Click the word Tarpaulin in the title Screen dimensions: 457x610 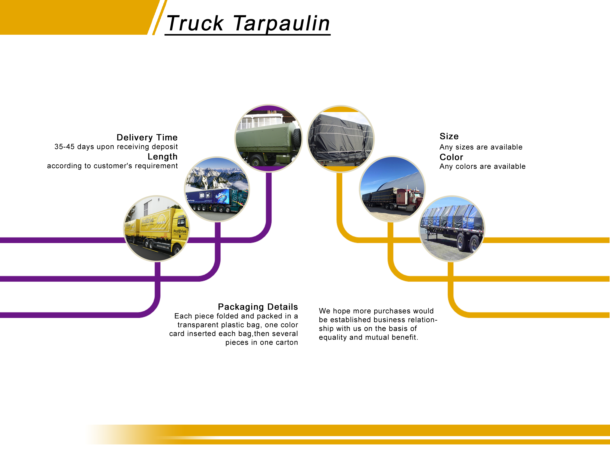[x=281, y=23]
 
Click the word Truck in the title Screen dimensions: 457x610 [x=195, y=23]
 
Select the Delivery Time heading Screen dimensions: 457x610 [x=147, y=137]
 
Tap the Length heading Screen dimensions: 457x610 [x=162, y=156]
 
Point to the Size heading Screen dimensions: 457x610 [x=449, y=136]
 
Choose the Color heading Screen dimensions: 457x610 [x=451, y=157]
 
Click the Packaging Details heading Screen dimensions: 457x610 [x=258, y=307]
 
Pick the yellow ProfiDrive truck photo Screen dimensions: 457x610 [x=156, y=228]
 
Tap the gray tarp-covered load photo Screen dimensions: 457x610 [x=341, y=139]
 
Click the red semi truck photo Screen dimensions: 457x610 [x=392, y=189]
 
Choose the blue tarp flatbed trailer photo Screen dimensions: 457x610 [x=452, y=229]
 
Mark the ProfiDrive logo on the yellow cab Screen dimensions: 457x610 [x=180, y=232]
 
